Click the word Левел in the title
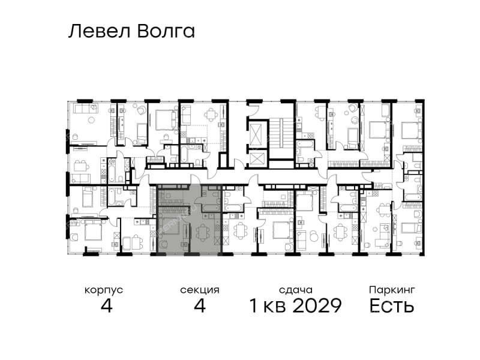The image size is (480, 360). (100, 32)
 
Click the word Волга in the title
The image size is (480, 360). (166, 32)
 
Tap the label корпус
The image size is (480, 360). (104, 290)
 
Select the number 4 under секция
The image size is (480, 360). (200, 305)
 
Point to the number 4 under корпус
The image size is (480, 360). (107, 305)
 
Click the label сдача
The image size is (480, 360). (296, 290)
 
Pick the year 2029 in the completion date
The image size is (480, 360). (317, 305)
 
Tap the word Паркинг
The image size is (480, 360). (392, 290)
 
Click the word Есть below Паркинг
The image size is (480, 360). (392, 305)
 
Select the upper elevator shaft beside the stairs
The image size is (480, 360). (257, 133)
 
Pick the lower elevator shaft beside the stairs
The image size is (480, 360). (257, 158)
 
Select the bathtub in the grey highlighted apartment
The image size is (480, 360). (210, 208)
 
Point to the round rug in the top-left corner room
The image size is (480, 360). (91, 121)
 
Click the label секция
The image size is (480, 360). (200, 290)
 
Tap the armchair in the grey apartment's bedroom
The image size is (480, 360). (163, 245)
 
